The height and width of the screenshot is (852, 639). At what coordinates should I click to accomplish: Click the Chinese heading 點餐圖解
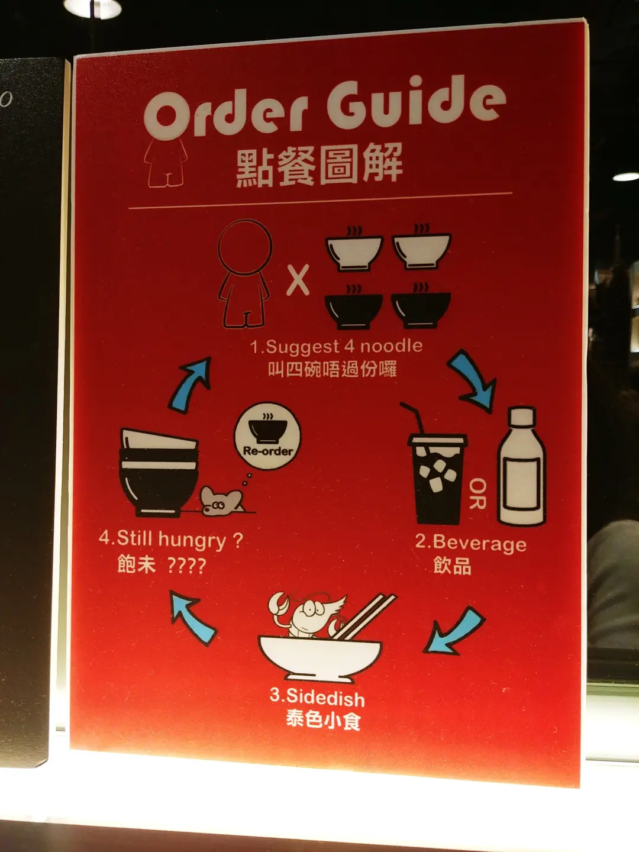point(319,165)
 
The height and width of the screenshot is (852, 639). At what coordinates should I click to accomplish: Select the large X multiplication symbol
point(298,279)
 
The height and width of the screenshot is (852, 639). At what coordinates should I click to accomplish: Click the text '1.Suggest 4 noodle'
point(336,346)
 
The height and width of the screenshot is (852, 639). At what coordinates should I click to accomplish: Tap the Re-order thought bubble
point(267,435)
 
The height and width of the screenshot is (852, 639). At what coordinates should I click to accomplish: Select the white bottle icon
point(522,466)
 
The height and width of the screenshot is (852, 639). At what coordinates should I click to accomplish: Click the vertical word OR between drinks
point(477,493)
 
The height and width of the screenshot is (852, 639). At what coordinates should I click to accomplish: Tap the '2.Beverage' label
point(470,542)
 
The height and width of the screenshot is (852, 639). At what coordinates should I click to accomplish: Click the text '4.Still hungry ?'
point(171,539)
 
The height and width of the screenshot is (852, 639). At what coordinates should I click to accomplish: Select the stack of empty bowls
point(159,472)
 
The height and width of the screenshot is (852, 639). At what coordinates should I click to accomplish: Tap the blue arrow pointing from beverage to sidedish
point(454,631)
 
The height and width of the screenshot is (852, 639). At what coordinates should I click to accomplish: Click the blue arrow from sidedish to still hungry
point(192,618)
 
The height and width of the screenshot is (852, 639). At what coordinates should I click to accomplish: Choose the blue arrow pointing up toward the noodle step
point(190,383)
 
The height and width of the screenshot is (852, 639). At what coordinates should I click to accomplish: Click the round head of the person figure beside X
point(245,247)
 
